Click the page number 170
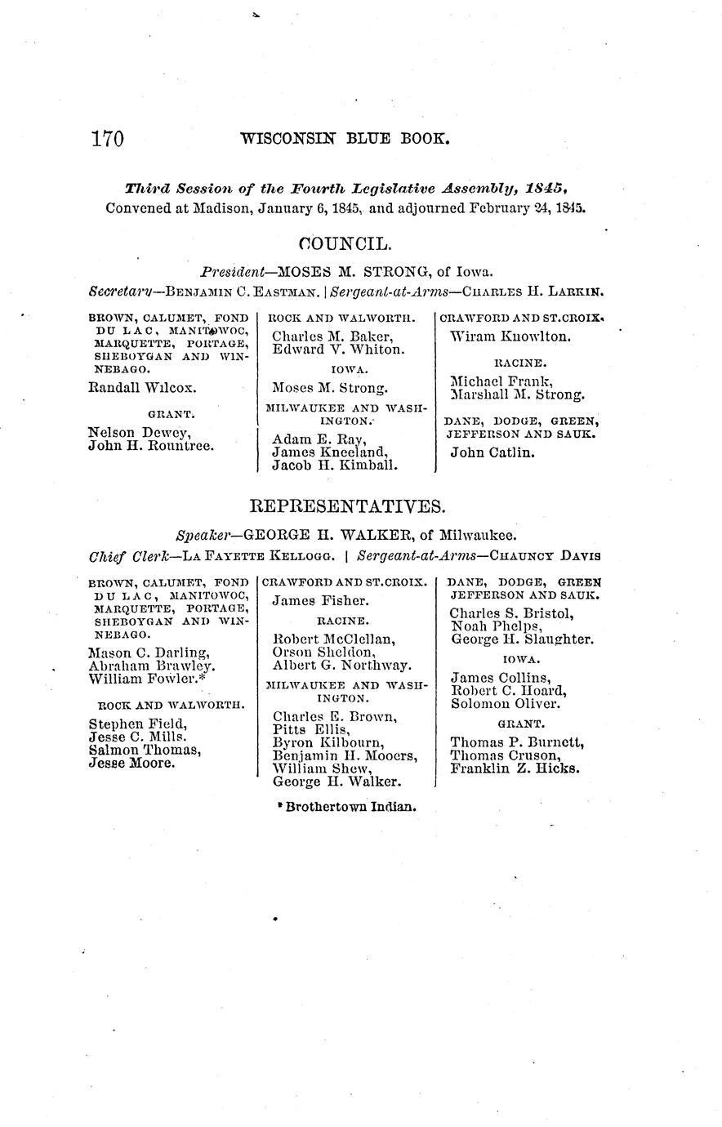(x=107, y=139)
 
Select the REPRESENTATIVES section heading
(x=347, y=507)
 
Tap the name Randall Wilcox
(x=141, y=389)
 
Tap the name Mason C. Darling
(x=148, y=653)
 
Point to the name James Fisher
(x=314, y=601)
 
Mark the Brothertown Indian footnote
(x=347, y=806)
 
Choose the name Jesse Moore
(x=131, y=763)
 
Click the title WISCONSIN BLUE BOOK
(x=345, y=139)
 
